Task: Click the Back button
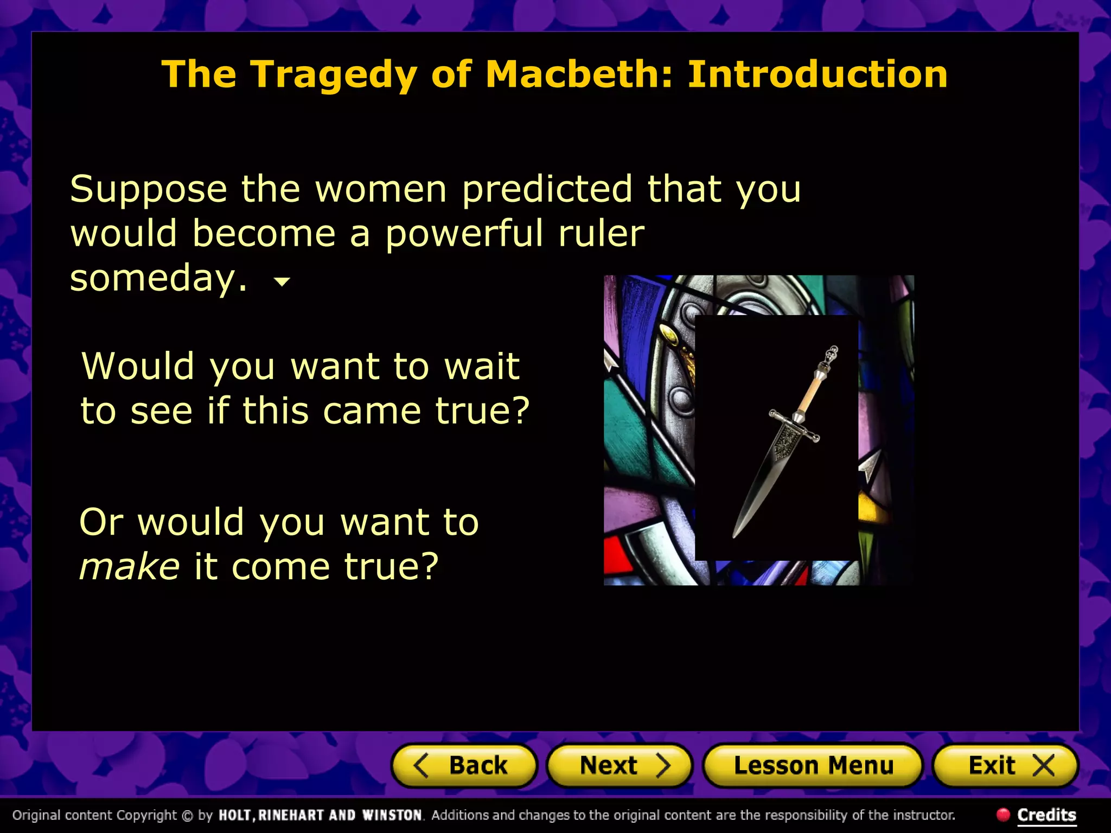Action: [x=464, y=766]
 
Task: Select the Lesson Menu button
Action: [x=813, y=766]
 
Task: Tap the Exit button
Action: [x=1005, y=766]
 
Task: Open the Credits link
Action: [x=1046, y=815]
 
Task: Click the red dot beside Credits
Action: [x=1003, y=814]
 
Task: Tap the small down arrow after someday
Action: [x=282, y=281]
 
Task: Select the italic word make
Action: [x=129, y=567]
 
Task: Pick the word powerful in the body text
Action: [x=464, y=234]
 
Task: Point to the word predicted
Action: [x=547, y=190]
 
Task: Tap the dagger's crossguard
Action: [x=794, y=426]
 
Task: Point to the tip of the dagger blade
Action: [x=734, y=537]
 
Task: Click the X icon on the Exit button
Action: [x=1043, y=766]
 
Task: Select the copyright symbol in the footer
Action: [x=187, y=815]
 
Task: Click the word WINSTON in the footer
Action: [x=392, y=815]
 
